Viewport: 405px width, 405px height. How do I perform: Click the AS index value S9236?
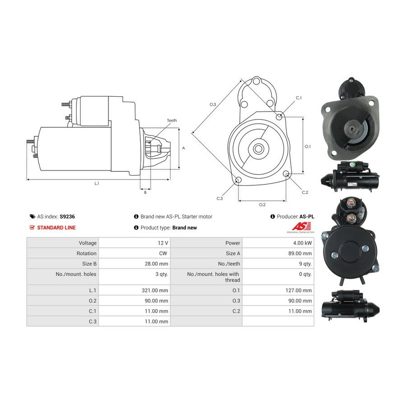[67, 216]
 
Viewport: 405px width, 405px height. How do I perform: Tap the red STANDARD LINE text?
[56, 228]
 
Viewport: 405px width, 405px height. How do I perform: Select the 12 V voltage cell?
[163, 243]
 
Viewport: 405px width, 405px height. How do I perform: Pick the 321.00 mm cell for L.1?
[155, 290]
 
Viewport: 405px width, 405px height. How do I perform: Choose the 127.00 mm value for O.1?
[298, 290]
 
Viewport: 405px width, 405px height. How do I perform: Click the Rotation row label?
[86, 253]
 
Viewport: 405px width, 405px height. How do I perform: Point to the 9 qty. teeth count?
[305, 264]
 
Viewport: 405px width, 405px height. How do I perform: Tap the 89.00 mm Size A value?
[300, 253]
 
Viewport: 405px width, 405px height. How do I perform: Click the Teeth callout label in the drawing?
[172, 120]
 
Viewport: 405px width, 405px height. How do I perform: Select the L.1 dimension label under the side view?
[97, 184]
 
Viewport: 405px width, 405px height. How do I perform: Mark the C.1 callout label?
[299, 98]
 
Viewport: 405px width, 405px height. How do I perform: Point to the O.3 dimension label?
[212, 104]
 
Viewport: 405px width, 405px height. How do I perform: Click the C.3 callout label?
[220, 198]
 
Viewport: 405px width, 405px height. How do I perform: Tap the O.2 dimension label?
[262, 205]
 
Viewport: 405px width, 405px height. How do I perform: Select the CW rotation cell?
[163, 253]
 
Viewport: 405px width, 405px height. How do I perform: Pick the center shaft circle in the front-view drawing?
[257, 148]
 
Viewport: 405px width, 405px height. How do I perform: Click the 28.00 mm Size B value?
[156, 264]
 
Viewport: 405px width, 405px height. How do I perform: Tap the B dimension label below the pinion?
[145, 193]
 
